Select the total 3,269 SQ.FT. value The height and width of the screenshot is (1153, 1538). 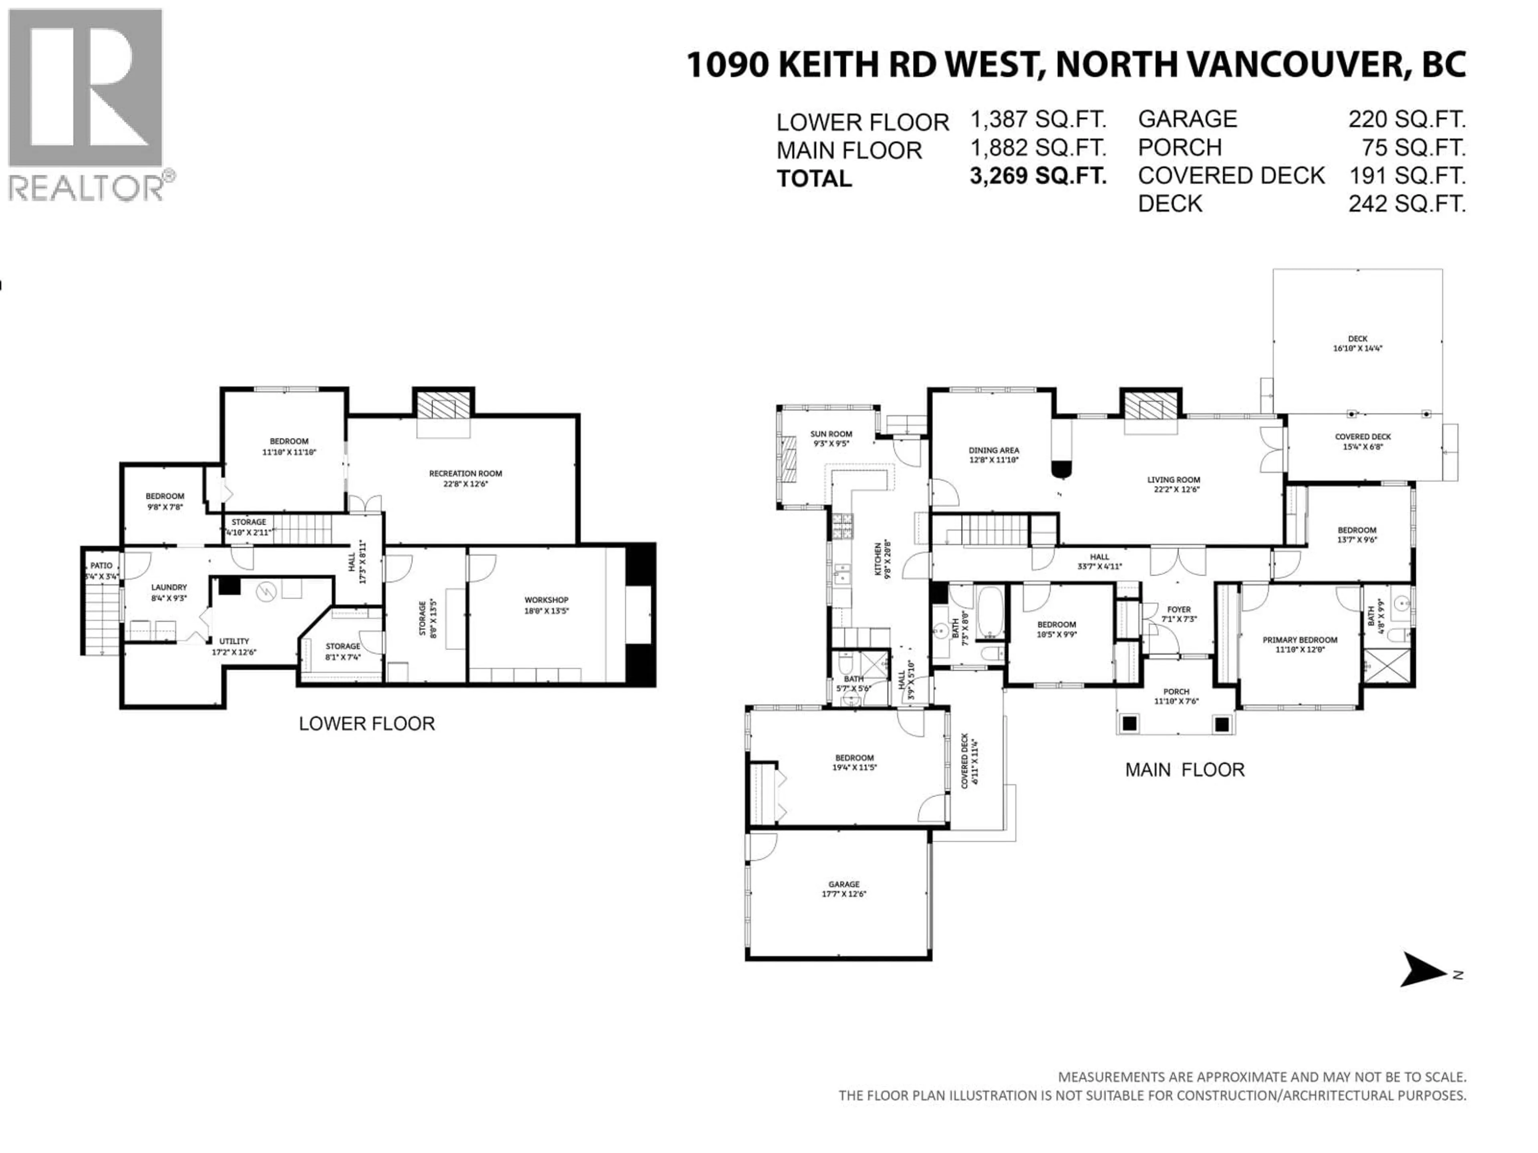1037,176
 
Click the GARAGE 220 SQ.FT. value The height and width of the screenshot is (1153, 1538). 1407,120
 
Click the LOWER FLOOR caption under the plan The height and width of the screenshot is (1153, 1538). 366,724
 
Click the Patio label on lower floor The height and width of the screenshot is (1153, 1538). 101,566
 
